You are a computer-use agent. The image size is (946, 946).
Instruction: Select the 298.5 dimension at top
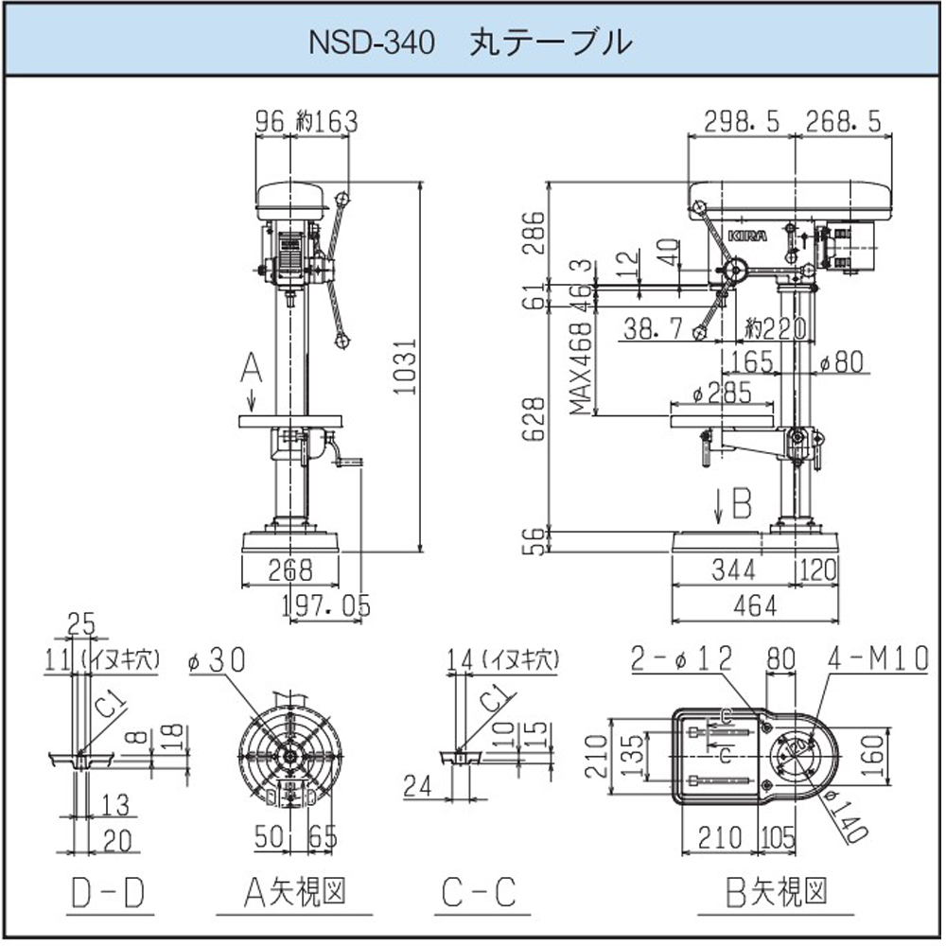(743, 121)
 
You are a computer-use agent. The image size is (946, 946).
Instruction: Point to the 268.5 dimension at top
(843, 121)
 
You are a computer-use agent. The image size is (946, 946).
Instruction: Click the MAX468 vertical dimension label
(581, 365)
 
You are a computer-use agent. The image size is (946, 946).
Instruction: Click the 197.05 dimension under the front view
(326, 604)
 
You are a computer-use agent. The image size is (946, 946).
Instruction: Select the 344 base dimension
(733, 569)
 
